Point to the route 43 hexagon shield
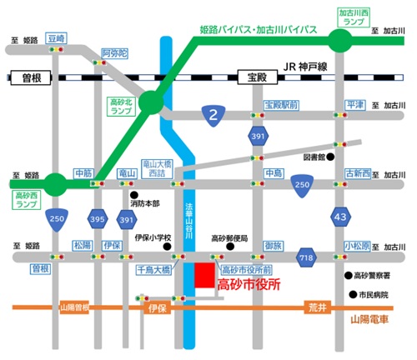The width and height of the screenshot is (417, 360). [340, 215]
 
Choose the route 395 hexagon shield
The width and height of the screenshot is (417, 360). [98, 217]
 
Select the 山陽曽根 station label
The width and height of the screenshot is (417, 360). [73, 308]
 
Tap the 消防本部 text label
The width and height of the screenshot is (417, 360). [147, 205]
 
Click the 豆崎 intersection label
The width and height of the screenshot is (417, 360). [57, 37]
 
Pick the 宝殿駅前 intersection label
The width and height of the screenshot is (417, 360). [281, 105]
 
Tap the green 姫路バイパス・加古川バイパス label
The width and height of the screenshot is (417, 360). [259, 30]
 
